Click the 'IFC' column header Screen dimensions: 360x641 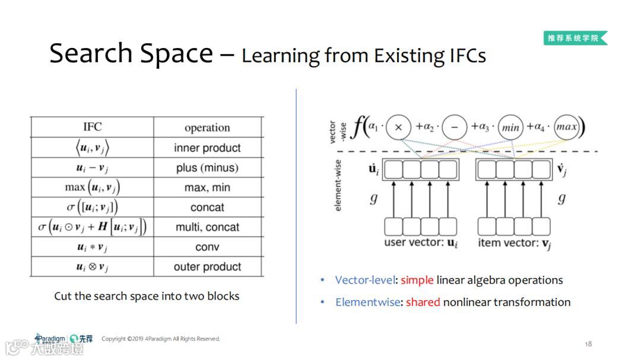pos(92,127)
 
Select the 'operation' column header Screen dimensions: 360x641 pos(207,128)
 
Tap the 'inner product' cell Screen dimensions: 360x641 pos(207,148)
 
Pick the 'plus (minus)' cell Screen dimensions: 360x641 pos(207,168)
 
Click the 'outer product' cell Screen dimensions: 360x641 pos(207,267)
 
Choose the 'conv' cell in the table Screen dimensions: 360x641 pos(207,247)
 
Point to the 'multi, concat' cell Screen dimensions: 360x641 pos(207,227)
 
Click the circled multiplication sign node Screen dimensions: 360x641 pos(399,127)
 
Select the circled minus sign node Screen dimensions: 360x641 pos(454,127)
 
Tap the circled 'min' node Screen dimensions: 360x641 pos(510,127)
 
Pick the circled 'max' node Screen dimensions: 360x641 pos(566,127)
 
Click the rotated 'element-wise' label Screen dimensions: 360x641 pos(338,184)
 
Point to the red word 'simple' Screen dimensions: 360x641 pos(417,280)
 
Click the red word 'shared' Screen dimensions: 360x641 pos(423,302)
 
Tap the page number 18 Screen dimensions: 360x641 pos(588,344)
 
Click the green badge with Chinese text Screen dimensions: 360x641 pos(575,38)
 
